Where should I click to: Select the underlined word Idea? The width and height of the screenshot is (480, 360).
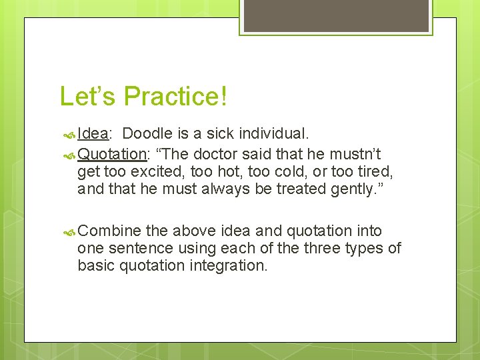[x=93, y=133]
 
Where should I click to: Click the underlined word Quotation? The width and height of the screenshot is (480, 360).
[x=111, y=154]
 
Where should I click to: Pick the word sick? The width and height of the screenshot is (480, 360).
[x=226, y=133]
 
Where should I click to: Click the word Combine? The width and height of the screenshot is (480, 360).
[x=109, y=231]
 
